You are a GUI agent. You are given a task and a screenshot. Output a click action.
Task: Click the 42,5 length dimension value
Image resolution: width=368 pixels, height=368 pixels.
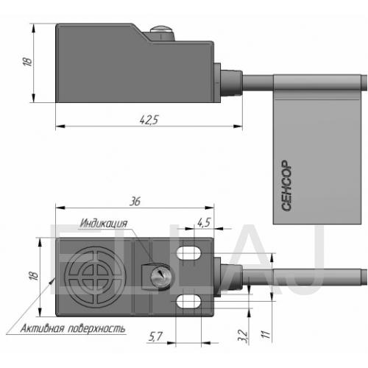point(149,120)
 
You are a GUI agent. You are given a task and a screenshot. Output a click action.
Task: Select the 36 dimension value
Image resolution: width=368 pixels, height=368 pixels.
point(135,201)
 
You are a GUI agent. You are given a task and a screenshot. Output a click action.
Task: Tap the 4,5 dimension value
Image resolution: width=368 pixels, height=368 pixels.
point(204,222)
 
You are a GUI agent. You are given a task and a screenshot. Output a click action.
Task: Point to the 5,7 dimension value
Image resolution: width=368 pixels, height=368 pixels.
point(155,336)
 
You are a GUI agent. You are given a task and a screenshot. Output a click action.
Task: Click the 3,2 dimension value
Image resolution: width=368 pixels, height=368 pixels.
point(243,336)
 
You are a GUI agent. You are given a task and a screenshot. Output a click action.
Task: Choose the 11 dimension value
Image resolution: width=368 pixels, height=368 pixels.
point(266,334)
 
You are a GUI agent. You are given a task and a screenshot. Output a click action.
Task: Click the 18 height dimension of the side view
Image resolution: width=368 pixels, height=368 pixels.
point(27,61)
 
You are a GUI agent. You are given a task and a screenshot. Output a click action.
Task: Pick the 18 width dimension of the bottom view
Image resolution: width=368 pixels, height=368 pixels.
point(34,275)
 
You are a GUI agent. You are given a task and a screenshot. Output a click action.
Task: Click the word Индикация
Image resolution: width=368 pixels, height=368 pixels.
point(104,223)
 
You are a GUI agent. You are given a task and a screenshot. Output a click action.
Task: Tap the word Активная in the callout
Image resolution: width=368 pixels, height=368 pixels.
point(42,328)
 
